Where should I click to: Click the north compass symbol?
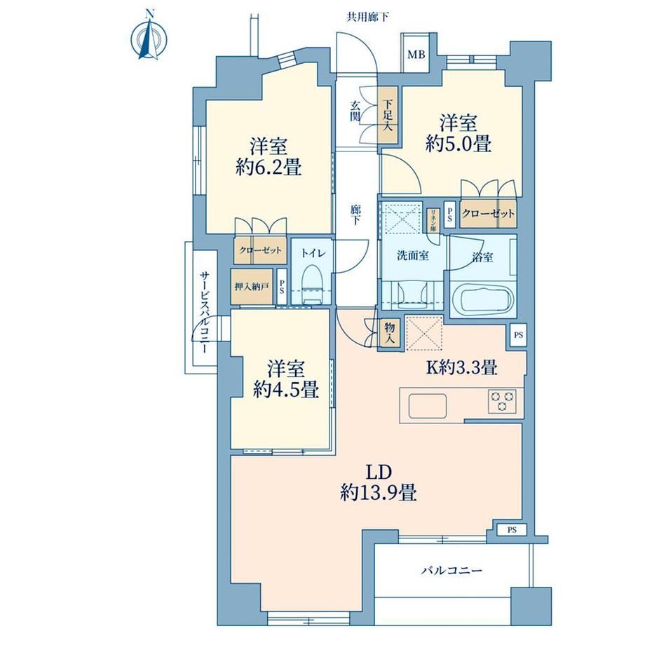coord(149,38)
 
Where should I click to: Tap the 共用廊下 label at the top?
coord(367,17)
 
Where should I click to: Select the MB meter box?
coord(416,54)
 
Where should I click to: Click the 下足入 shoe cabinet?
coord(388,115)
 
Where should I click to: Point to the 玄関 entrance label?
coord(355,111)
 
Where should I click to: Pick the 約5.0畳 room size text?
coord(459,144)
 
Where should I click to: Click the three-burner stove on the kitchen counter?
coord(502,400)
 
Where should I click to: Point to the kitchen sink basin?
coord(428,405)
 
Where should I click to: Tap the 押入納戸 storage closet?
coord(252,286)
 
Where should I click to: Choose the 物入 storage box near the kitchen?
coord(389,333)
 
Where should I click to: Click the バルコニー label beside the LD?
coord(451,571)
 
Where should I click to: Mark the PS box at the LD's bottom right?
coord(511,530)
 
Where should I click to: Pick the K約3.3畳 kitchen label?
coord(461,367)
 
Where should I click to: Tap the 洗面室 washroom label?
coord(412,256)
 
